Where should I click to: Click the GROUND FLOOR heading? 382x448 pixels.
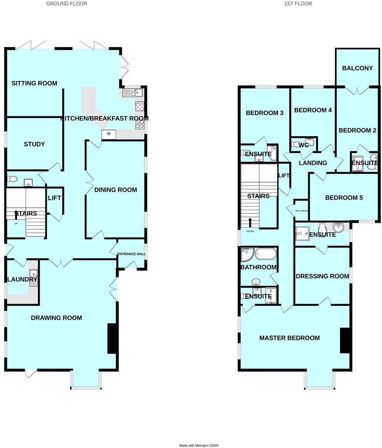(67, 4)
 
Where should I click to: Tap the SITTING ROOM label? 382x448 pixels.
(34, 83)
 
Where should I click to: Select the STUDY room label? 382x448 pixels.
(34, 144)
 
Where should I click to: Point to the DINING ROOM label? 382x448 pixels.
(116, 190)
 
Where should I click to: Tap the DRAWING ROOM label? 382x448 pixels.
(56, 317)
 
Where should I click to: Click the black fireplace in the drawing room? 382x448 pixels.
(112, 339)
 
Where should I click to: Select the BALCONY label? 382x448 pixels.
(357, 68)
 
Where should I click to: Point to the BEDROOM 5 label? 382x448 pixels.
(344, 198)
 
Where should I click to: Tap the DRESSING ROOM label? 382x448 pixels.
(322, 276)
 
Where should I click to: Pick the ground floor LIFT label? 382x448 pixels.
(54, 198)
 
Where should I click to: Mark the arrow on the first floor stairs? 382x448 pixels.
(251, 222)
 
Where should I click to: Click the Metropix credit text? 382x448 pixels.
(199, 445)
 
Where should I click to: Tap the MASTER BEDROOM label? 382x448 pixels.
(289, 338)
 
